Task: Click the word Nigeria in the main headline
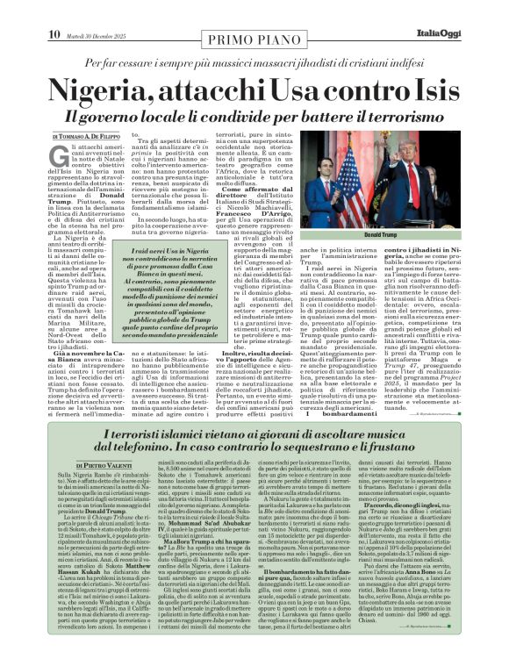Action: point(115,90)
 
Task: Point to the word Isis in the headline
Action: point(427,90)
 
